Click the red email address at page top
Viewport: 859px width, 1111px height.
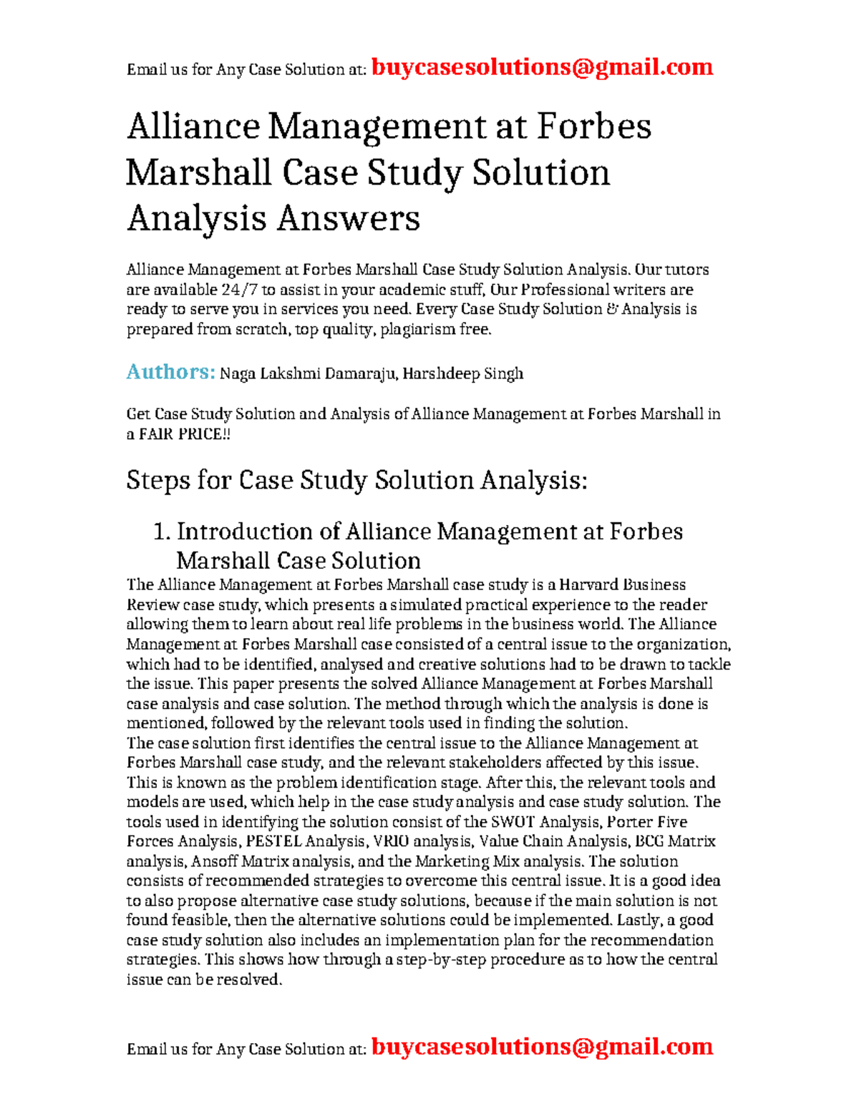coord(542,67)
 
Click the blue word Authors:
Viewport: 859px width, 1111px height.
coord(170,372)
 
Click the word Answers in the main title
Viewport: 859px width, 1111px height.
coord(348,217)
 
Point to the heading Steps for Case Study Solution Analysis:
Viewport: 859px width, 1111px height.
coord(356,480)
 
